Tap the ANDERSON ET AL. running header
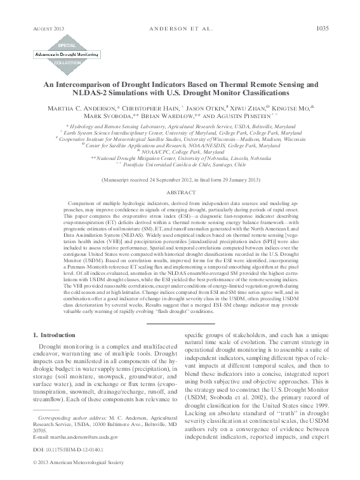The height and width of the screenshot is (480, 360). point(180,29)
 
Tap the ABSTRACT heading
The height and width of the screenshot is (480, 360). point(180,190)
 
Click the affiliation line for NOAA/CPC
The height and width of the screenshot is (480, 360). point(180,152)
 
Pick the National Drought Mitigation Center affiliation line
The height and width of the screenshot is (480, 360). point(180,158)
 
